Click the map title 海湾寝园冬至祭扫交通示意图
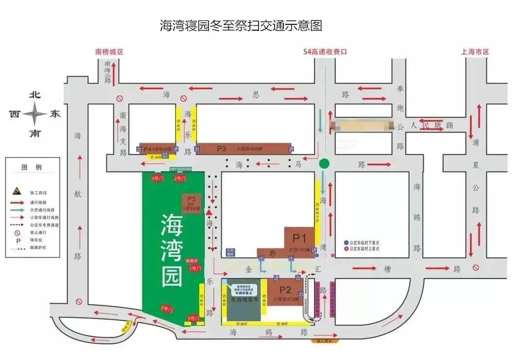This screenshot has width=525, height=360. point(241,25)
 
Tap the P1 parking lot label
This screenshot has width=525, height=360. point(298,238)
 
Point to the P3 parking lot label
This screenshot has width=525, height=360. point(222,148)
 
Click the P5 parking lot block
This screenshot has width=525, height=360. point(191,202)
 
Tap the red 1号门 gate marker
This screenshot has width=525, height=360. point(194,268)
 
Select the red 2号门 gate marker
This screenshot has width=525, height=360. point(179,179)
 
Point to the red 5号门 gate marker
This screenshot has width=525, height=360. point(193,319)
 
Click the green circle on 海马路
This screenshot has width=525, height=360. point(324,164)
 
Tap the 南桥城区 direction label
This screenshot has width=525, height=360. point(110,52)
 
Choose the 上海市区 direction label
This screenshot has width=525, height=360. point(474,52)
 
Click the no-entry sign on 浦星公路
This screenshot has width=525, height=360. point(475,267)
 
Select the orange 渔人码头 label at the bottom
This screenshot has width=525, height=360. point(324,342)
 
